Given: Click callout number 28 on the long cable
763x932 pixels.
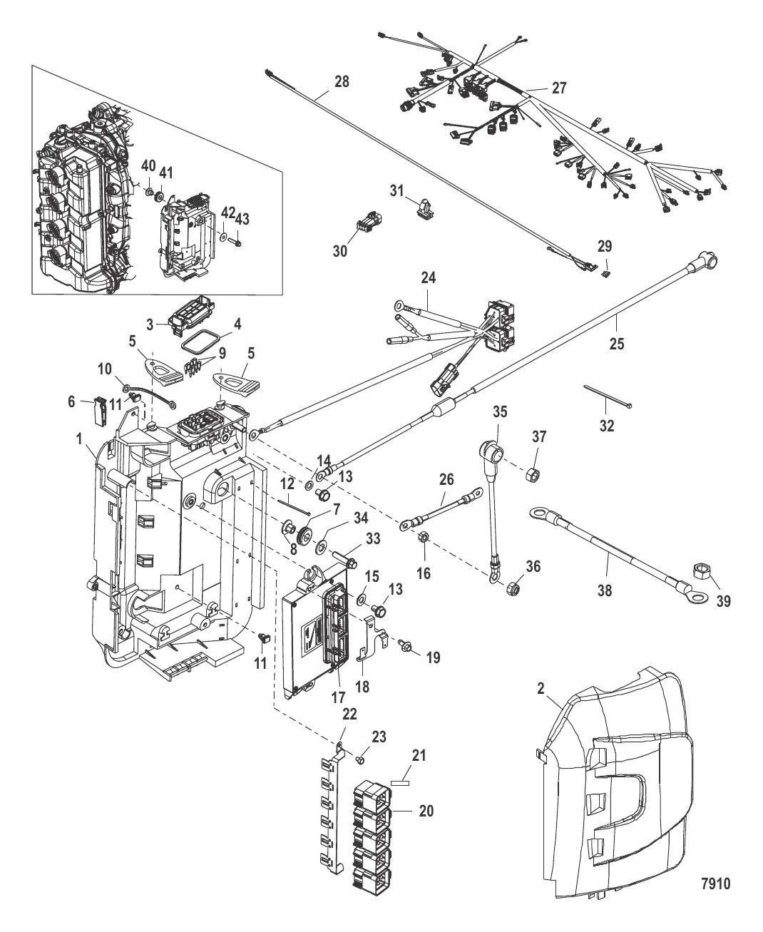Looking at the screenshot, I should [x=342, y=81].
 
